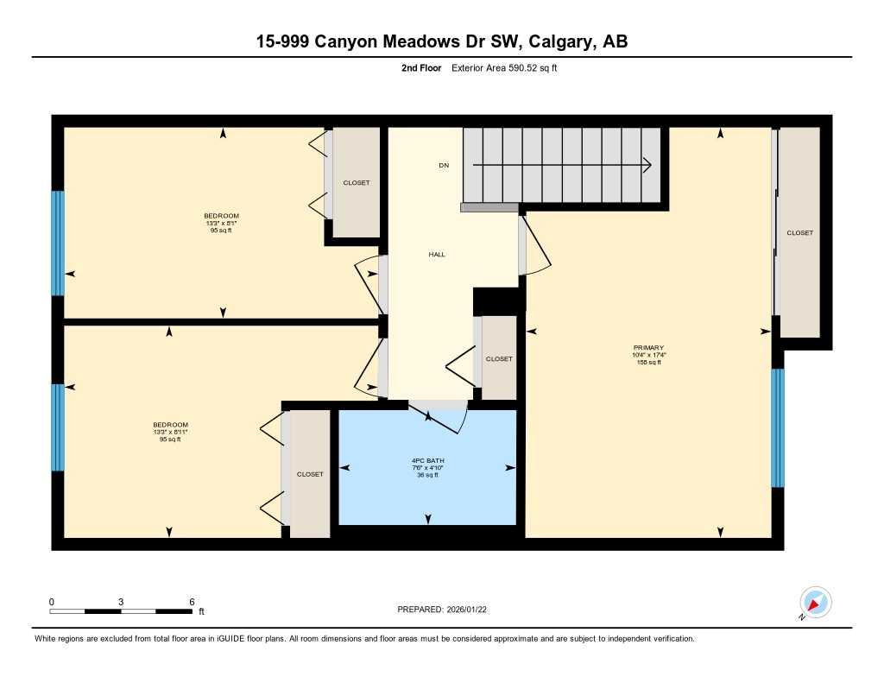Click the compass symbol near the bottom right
coord(815,602)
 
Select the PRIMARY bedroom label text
coord(648,347)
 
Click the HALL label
coord(437,254)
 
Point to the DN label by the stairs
coord(444,165)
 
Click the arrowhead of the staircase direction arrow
coord(647,165)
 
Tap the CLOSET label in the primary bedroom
coord(799,233)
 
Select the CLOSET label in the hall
coord(499,358)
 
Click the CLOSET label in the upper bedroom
coord(357,183)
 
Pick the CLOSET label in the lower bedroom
coord(310,474)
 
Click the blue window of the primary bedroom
coord(777,427)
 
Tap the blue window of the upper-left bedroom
coord(58,243)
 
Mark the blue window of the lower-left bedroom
coord(58,427)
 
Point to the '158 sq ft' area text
coord(648,363)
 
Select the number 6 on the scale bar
coord(192,601)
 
